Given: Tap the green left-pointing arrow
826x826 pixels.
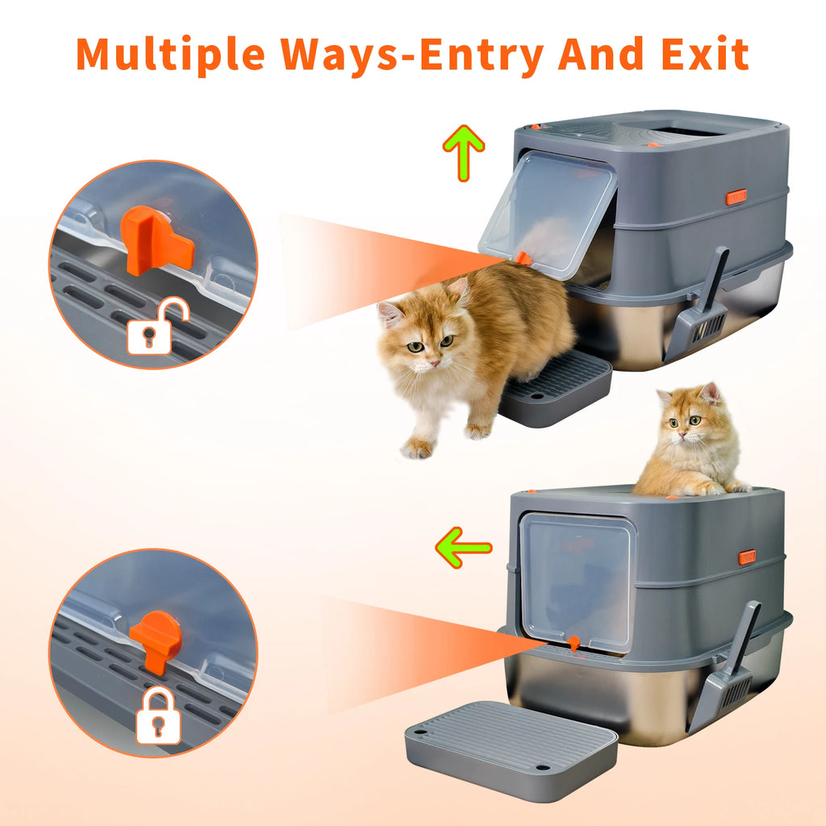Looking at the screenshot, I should tap(463, 548).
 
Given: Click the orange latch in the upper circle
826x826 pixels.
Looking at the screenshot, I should tap(156, 240).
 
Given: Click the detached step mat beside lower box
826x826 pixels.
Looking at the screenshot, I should tap(511, 749).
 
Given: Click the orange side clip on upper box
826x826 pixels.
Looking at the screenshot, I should tap(736, 196).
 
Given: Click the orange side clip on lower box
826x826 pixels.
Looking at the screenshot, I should tap(746, 557).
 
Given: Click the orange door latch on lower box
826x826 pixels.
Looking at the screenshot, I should tap(574, 643).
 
